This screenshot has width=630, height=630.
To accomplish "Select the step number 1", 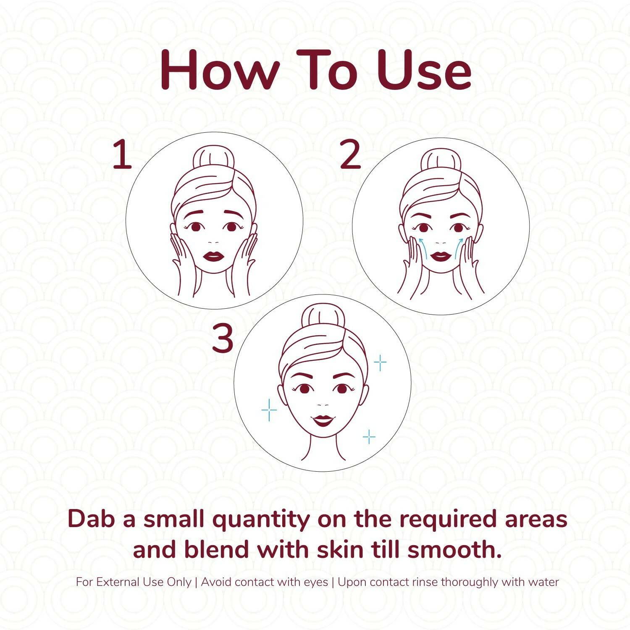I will coord(122,155).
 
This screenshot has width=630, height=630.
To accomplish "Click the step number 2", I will coord(350,155).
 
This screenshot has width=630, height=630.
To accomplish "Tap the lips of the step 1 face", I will coord(213,256).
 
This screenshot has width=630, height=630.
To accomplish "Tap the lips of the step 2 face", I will coord(441,256).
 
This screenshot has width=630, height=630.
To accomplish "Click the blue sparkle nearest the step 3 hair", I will coord(380,362).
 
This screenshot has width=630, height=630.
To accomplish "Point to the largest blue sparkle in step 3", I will coord(269,409).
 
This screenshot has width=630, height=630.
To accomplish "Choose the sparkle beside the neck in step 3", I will coord(369,437).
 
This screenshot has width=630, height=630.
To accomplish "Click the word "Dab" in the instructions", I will coord(91,519).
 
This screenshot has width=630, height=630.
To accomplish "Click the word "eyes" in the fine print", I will coord(316,583).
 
